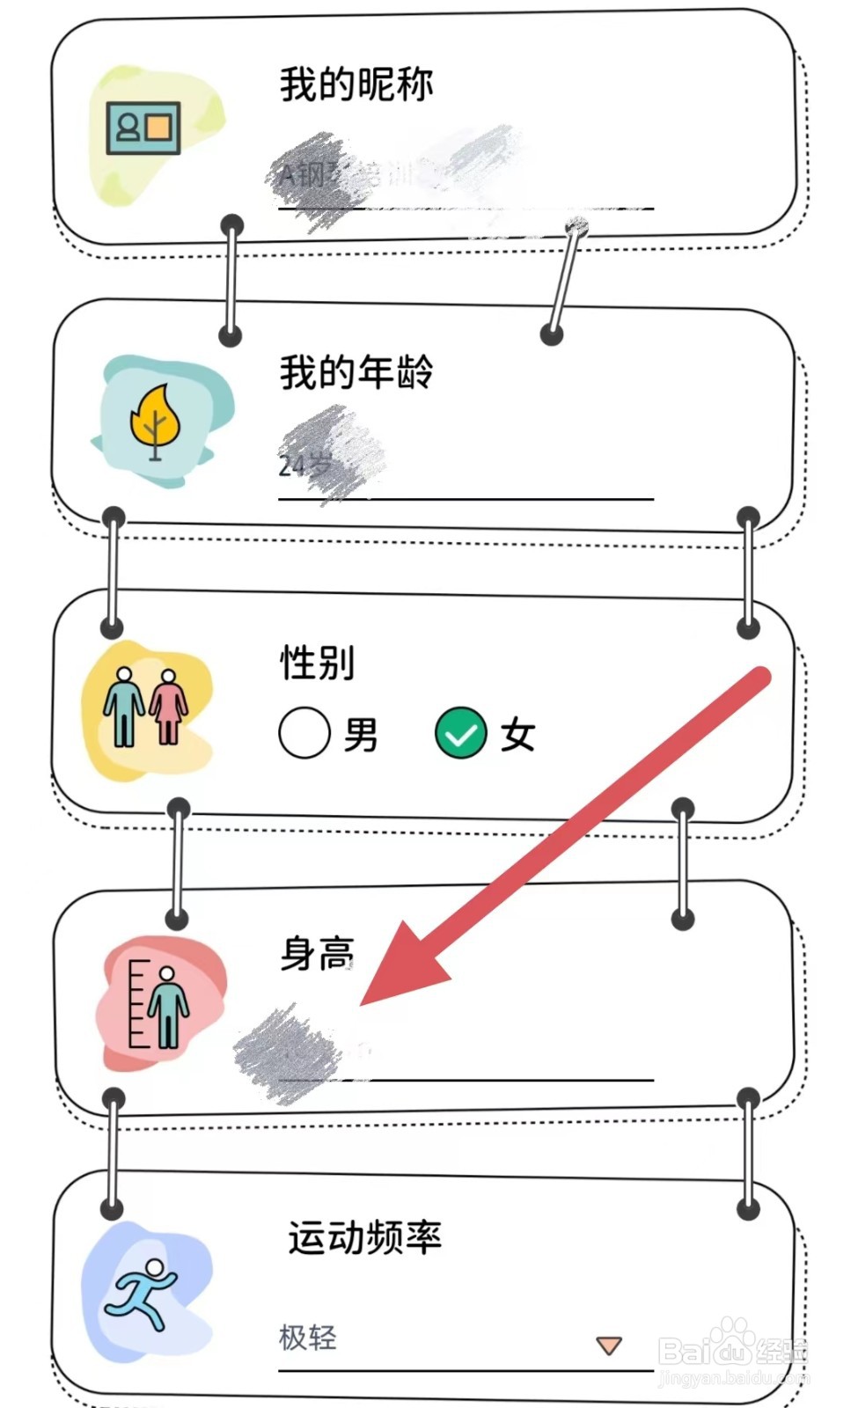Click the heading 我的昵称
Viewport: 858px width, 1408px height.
click(356, 85)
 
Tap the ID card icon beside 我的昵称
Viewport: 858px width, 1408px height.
click(143, 128)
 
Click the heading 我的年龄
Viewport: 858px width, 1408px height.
click(356, 372)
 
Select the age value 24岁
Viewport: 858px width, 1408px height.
click(304, 464)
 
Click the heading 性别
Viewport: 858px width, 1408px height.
click(318, 663)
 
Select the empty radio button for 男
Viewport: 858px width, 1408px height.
click(304, 733)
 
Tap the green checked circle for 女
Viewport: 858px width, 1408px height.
click(461, 733)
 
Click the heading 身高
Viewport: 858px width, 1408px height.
click(318, 954)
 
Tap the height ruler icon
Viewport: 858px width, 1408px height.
click(159, 1003)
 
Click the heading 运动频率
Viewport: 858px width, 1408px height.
click(364, 1237)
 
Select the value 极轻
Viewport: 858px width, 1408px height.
click(308, 1338)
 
